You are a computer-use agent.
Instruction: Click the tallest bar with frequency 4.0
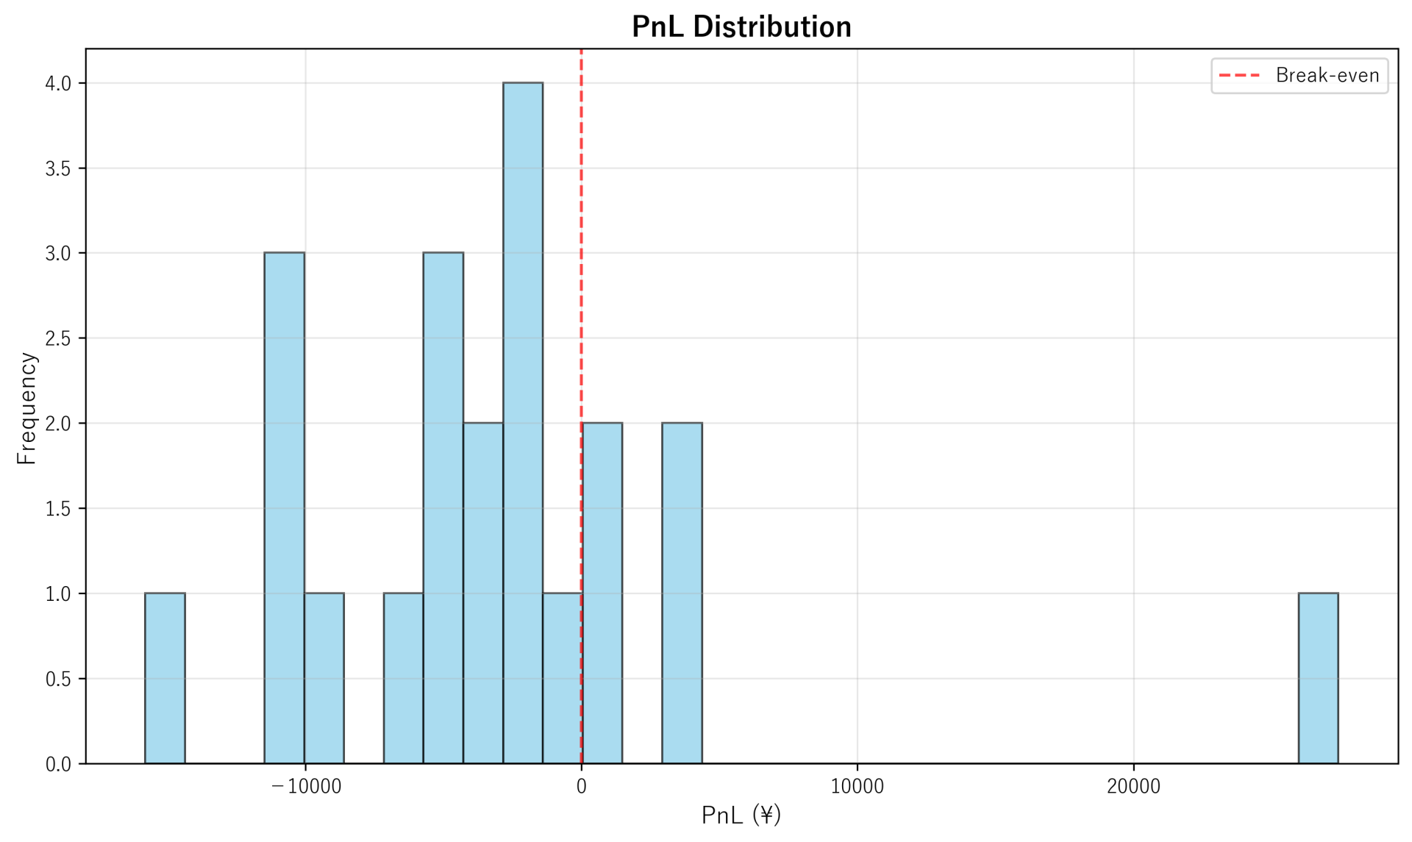point(523,423)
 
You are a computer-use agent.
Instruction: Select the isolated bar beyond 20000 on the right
point(1318,678)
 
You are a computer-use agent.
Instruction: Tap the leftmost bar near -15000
point(165,678)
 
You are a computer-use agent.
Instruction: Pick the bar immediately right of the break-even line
point(602,593)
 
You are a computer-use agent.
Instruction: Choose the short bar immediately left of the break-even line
point(562,678)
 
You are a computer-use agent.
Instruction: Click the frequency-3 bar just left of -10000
point(285,507)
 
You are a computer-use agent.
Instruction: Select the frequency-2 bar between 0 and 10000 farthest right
point(682,593)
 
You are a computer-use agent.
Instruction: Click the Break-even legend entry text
point(1327,76)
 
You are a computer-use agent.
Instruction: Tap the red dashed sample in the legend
point(1240,76)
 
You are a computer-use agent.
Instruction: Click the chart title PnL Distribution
point(741,27)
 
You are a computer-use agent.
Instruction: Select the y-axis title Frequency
point(26,408)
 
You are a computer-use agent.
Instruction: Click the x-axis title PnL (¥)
point(741,815)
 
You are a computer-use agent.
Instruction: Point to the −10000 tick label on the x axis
point(306,787)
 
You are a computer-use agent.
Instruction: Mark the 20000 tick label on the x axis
point(1133,787)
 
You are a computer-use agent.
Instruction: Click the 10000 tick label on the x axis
point(857,787)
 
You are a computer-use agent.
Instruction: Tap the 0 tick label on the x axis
point(582,787)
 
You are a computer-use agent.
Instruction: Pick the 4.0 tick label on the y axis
point(58,84)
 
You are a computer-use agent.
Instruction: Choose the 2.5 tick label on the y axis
point(58,339)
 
